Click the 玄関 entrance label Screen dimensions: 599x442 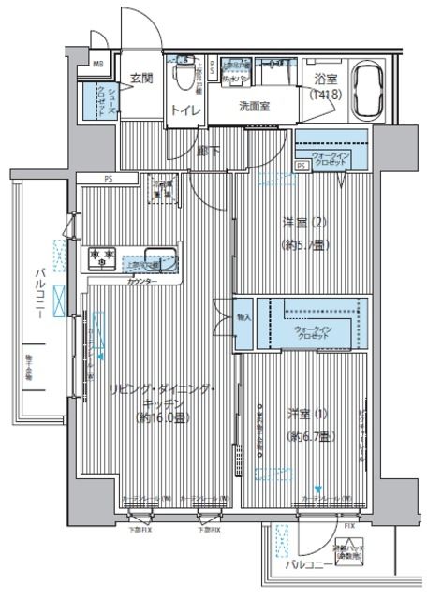(140, 78)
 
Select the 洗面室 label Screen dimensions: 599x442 (254, 106)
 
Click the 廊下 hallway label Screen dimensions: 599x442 (209, 150)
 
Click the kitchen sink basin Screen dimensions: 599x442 (158, 255)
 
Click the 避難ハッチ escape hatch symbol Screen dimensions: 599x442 (351, 554)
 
